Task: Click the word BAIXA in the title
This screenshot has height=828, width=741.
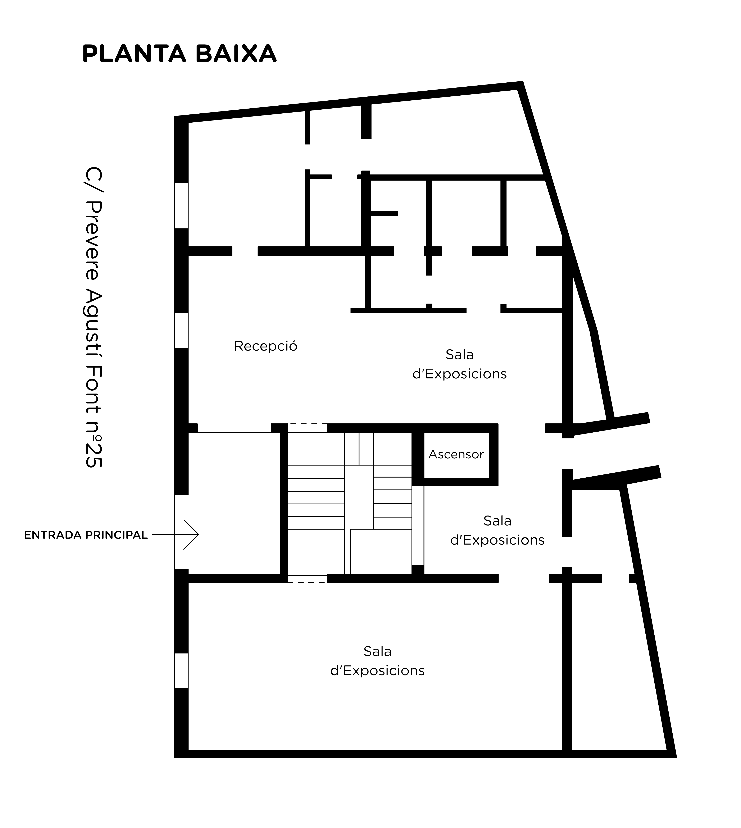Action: (236, 54)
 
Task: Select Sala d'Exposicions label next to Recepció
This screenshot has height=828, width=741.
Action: (459, 364)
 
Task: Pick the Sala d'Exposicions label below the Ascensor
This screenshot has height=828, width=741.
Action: (497, 531)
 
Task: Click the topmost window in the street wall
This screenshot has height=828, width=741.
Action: (181, 206)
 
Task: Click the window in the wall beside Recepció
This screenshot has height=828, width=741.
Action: (181, 331)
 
